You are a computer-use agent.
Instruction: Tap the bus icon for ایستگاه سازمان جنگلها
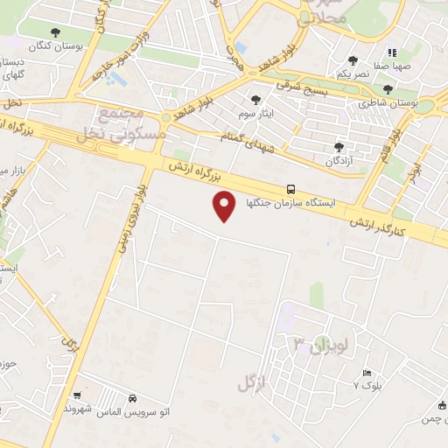pos(291,189)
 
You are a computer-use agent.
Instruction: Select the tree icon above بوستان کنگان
pos(56,32)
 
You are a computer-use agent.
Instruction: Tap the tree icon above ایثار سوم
pos(255,101)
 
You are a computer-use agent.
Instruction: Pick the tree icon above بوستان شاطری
pos(388,90)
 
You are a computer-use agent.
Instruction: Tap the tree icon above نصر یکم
pos(353,60)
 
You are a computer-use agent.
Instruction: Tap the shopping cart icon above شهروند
pos(78,396)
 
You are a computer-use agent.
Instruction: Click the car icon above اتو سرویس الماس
pos(132,398)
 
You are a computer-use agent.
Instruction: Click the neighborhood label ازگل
pos(251,382)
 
